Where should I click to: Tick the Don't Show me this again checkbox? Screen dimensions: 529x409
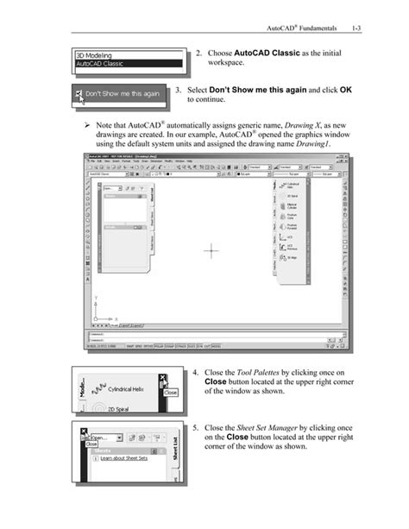80,94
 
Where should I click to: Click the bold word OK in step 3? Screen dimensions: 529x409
346,90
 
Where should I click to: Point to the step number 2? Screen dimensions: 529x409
198,54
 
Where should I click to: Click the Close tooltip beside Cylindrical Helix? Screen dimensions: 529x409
171,392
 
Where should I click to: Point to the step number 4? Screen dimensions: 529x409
196,375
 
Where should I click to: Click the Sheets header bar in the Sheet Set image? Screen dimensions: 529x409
125,450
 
